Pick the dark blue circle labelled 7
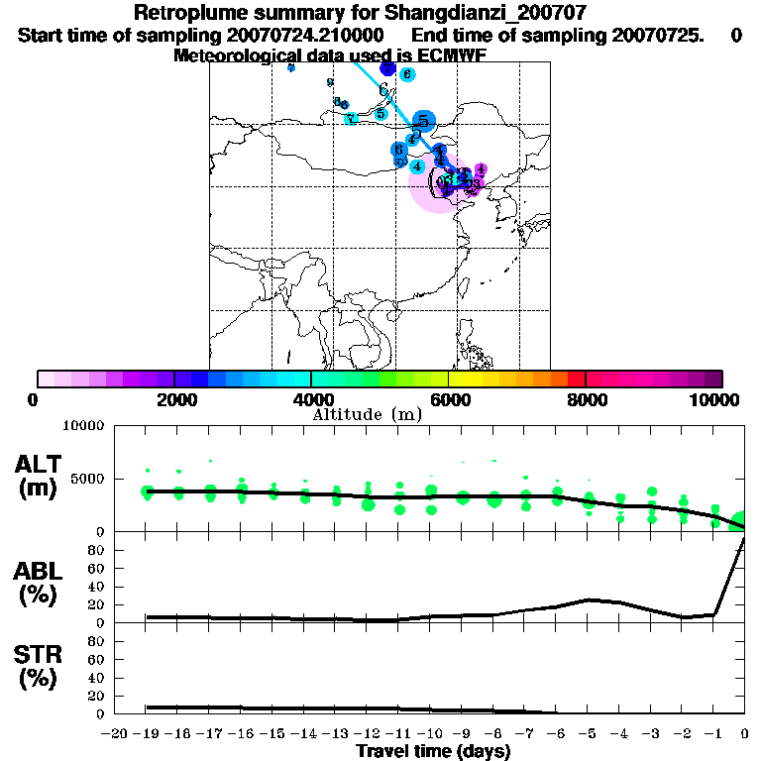387,69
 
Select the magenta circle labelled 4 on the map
481,170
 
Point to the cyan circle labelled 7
351,119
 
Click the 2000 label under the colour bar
174,399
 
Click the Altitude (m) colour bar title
367,414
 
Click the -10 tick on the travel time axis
431,733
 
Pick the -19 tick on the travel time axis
149,733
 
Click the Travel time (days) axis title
433,752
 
